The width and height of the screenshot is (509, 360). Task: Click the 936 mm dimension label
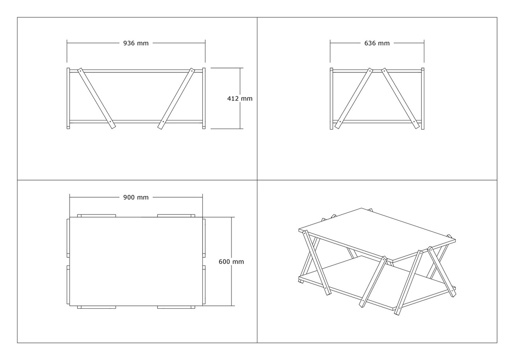coord(136,43)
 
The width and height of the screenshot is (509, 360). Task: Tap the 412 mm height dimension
coord(240,99)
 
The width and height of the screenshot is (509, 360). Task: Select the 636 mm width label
coord(377,43)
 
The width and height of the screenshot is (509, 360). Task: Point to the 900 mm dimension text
coord(136,197)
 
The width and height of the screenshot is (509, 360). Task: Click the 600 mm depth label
coord(231,262)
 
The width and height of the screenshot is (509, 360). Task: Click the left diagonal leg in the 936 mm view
coord(97,98)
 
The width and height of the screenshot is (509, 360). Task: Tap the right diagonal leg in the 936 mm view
coord(176,98)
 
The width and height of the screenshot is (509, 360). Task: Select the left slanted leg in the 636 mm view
coord(354,98)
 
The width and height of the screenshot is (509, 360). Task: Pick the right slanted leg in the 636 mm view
coord(400,98)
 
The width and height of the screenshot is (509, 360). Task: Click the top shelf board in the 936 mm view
coord(136,71)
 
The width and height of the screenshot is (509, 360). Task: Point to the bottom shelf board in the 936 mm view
coord(136,122)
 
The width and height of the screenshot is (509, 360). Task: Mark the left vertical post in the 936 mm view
coord(68,98)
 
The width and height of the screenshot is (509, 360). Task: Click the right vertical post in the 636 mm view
coord(423,99)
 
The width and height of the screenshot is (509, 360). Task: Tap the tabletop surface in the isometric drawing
coord(377,234)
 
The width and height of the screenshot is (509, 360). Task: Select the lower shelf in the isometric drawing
coord(377,283)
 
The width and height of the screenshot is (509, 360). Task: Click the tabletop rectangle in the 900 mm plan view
coord(136,261)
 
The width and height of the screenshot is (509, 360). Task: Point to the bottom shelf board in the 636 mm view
coord(377,122)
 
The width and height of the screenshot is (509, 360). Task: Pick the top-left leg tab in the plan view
coord(97,216)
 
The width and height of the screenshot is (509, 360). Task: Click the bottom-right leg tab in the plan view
coord(176,307)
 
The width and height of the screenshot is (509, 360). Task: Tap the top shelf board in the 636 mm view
coord(377,71)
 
